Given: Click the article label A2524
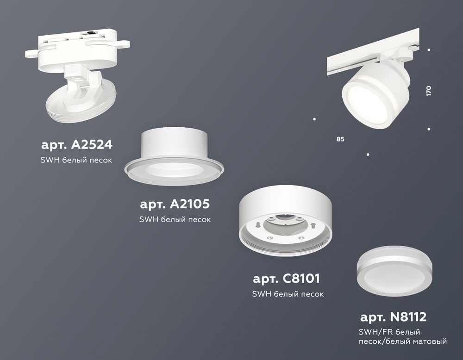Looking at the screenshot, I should click(x=76, y=145).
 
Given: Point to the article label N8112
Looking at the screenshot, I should click(x=393, y=317).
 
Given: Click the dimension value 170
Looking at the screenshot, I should click(x=429, y=91).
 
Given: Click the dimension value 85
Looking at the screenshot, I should click(x=341, y=138).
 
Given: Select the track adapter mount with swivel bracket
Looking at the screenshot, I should click(x=79, y=79).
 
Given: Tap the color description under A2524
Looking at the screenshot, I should click(x=77, y=160).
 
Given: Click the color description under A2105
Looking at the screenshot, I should click(x=175, y=219).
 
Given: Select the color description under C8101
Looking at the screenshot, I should click(x=288, y=294).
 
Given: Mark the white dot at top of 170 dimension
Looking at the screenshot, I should click(x=429, y=50).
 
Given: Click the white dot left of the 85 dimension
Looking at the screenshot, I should click(x=315, y=119).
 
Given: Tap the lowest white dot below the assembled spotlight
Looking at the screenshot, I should click(x=368, y=154).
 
